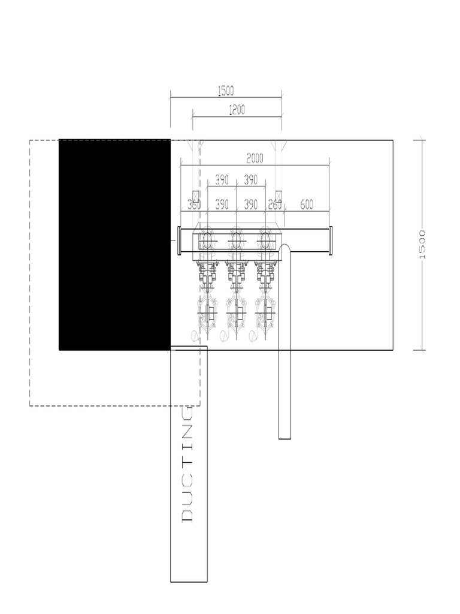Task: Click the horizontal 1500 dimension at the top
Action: (226, 91)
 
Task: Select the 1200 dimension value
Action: (237, 109)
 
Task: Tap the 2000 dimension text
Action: (255, 158)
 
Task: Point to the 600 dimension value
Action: (306, 204)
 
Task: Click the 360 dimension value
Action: (193, 204)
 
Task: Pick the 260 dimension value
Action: (275, 204)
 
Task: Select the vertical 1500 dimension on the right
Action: (422, 244)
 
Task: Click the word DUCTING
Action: (187, 464)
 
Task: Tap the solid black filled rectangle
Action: (114, 244)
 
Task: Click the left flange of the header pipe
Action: (179, 240)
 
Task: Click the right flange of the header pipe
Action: (331, 240)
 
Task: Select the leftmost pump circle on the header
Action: (207, 240)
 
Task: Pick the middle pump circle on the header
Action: (237, 240)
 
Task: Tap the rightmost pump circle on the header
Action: (266, 240)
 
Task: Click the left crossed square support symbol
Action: (194, 196)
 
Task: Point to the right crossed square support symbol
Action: (279, 196)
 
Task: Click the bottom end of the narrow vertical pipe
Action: (285, 438)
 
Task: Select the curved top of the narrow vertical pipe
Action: (285, 245)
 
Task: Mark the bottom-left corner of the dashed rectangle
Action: (30, 406)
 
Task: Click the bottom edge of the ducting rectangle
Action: (189, 582)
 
